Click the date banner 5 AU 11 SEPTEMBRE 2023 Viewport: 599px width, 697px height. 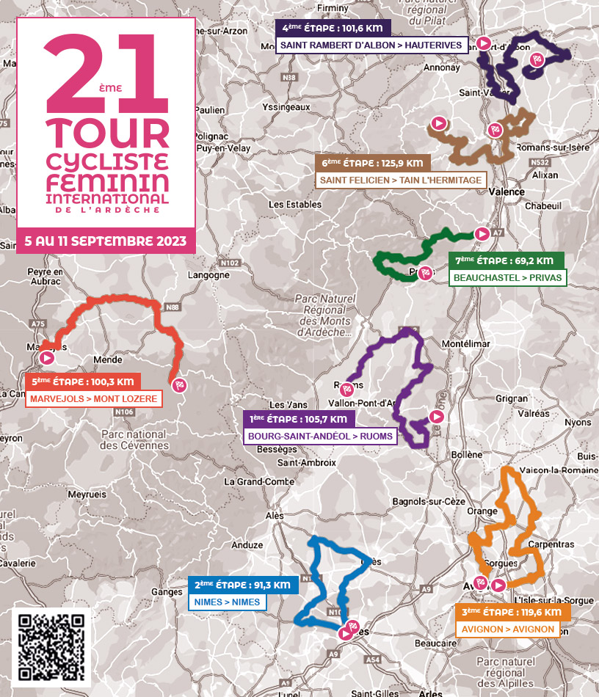[106, 241]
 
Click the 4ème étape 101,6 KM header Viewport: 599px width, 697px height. [333, 29]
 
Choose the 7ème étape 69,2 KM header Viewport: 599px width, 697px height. [505, 260]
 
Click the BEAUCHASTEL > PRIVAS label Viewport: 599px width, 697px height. [507, 278]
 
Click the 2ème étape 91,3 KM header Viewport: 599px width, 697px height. [244, 585]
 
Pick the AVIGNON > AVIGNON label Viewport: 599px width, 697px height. [507, 630]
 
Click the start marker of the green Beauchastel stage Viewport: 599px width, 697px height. [482, 233]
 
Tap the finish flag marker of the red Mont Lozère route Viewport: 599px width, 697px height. [178, 384]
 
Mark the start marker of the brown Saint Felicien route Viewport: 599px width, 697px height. [439, 123]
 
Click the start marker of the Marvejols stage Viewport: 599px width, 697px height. [48, 358]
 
